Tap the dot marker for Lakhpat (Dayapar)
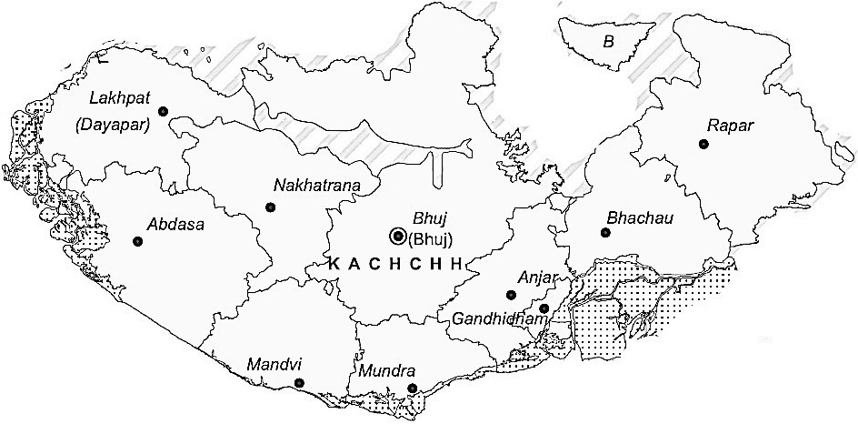tap(164, 112)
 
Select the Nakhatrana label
tap(317, 186)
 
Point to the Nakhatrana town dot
tap(270, 207)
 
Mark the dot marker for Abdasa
tap(137, 241)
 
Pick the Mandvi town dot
tap(299, 384)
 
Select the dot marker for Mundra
tap(413, 389)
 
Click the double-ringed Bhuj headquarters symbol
tap(397, 237)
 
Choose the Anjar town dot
tap(511, 295)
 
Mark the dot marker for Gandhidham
tap(544, 309)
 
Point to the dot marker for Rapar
tap(703, 144)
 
